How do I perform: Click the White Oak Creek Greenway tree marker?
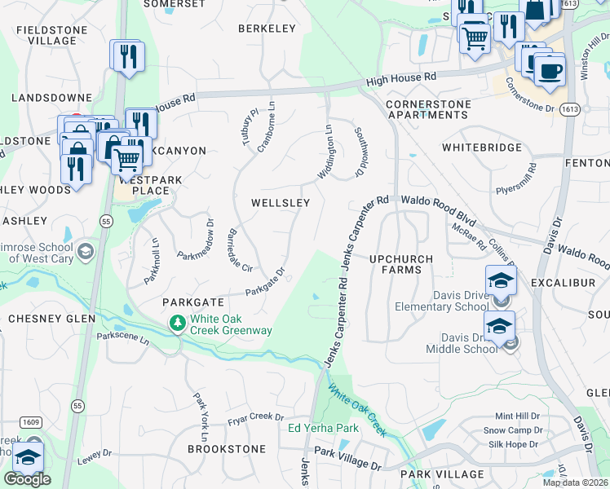(177, 324)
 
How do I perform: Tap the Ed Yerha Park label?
(324, 428)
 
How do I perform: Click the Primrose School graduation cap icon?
(85, 253)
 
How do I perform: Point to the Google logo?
(26, 479)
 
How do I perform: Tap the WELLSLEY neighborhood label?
(280, 202)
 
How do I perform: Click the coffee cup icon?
(550, 70)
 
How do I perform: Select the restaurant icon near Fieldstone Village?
(127, 55)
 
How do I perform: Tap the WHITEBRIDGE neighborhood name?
(481, 148)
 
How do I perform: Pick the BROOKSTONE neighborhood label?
(227, 449)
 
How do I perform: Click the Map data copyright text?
(575, 482)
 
